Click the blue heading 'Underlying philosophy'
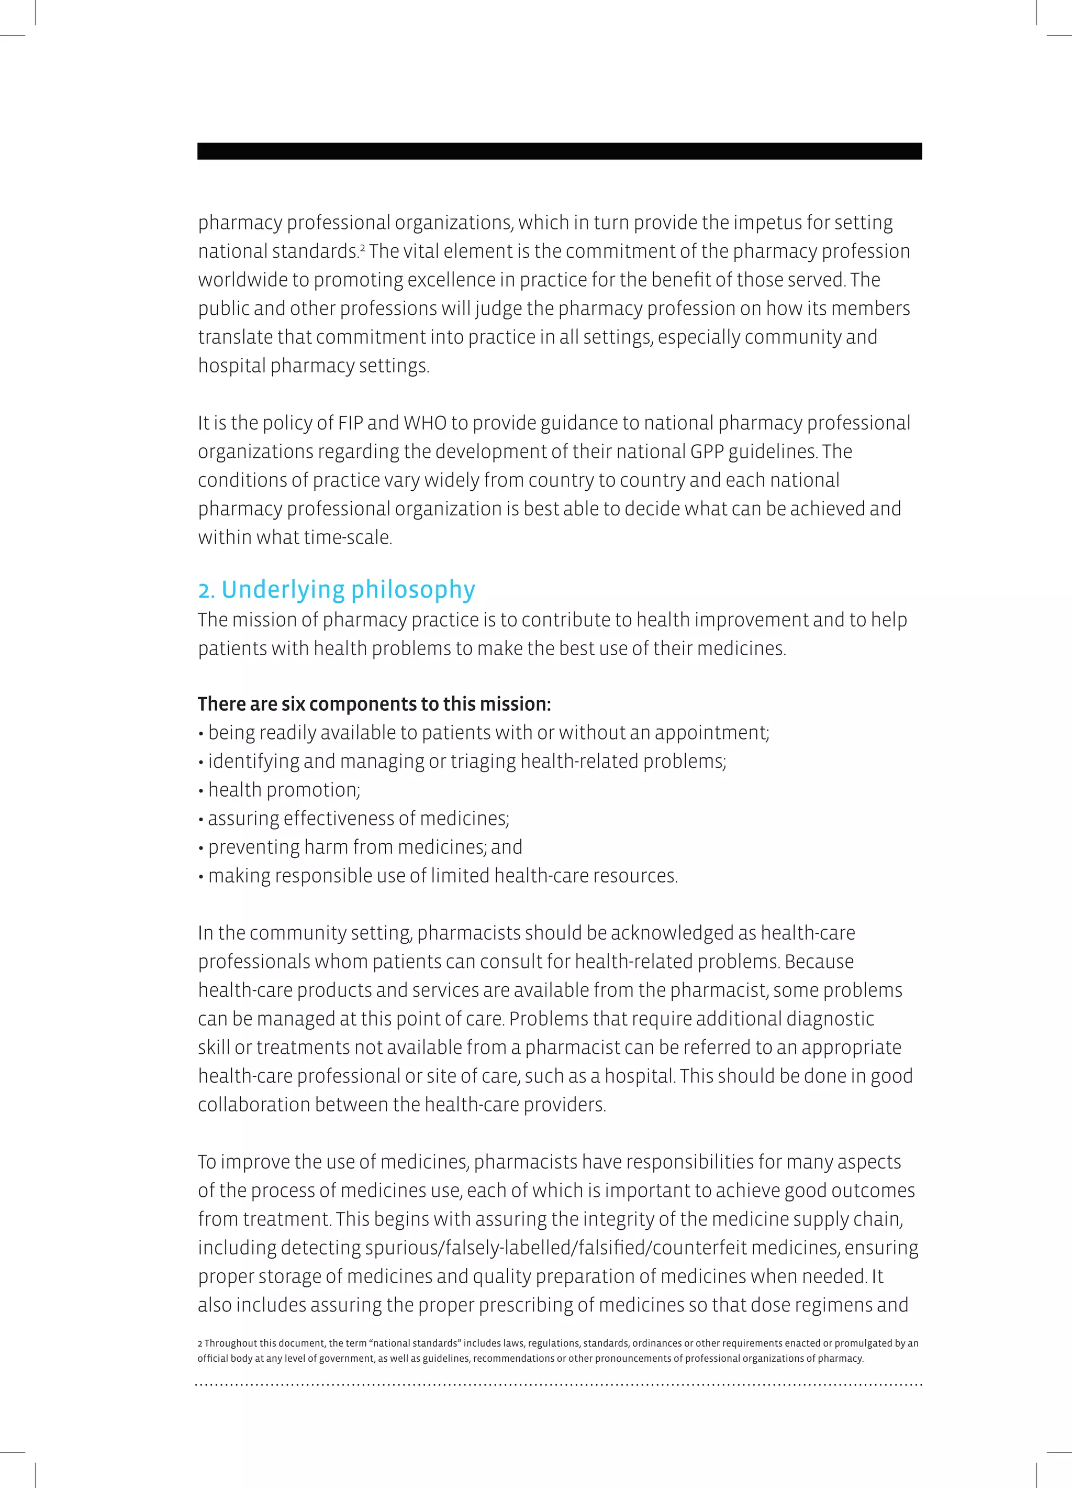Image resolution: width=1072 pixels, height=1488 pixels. point(348,590)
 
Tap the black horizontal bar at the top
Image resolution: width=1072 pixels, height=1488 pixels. point(559,151)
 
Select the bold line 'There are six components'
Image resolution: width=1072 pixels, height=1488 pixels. point(374,704)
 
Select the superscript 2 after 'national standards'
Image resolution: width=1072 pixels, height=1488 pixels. point(362,247)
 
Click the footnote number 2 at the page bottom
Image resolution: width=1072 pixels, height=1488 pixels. point(200,1343)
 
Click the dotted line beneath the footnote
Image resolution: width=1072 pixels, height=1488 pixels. point(559,1385)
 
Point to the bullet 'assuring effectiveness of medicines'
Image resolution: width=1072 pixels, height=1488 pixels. point(358,819)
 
